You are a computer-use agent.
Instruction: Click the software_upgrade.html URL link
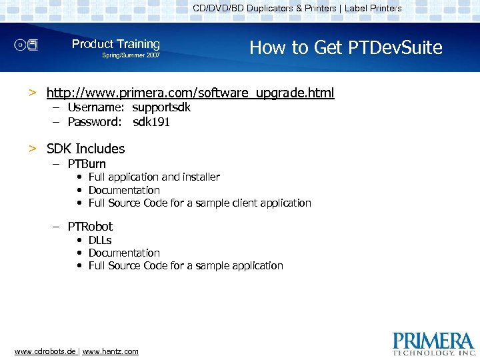pyautogui.click(x=190, y=93)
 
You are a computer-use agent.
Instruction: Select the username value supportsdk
pyautogui.click(x=161, y=107)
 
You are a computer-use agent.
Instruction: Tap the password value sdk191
pyautogui.click(x=151, y=122)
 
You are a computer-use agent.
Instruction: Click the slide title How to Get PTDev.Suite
pyautogui.click(x=345, y=47)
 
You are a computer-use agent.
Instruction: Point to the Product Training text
pyautogui.click(x=116, y=44)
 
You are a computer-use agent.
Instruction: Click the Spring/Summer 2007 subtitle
pyautogui.click(x=131, y=55)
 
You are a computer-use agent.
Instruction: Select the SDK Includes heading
pyautogui.click(x=85, y=149)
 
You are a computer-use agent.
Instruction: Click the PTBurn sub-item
pyautogui.click(x=87, y=164)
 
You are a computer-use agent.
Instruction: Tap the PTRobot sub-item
pyautogui.click(x=90, y=227)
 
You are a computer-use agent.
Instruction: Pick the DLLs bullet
pyautogui.click(x=100, y=240)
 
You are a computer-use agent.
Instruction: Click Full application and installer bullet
pyautogui.click(x=154, y=177)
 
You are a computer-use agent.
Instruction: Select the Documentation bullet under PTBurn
pyautogui.click(x=124, y=190)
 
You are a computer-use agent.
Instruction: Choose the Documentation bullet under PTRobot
pyautogui.click(x=124, y=253)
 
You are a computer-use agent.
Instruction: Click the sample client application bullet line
pyautogui.click(x=199, y=203)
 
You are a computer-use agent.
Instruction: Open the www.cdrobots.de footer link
pyautogui.click(x=45, y=351)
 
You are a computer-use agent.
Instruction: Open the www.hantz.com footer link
pyautogui.click(x=111, y=351)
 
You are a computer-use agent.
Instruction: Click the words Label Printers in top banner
pyautogui.click(x=373, y=9)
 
